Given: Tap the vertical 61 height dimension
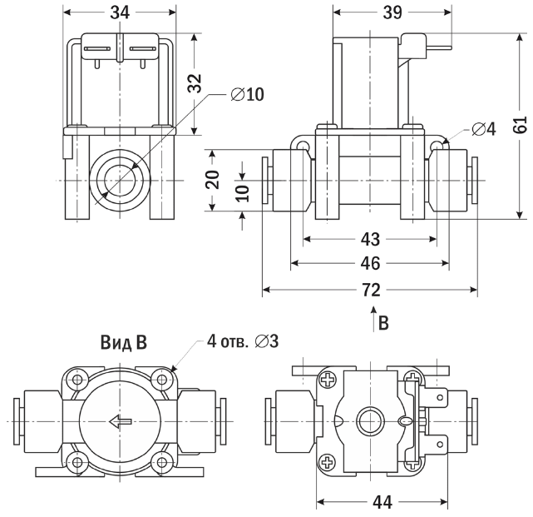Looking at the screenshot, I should [x=521, y=126].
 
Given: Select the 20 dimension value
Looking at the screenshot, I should [x=213, y=180].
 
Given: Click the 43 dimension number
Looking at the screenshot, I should [x=370, y=239].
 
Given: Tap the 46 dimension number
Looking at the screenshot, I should [x=370, y=264].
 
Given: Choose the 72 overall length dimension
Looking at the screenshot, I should [x=370, y=290].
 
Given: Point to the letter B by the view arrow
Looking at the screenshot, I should [x=383, y=321].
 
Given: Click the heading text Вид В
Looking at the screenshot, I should [x=123, y=343].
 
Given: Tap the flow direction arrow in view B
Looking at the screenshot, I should [x=120, y=421].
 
